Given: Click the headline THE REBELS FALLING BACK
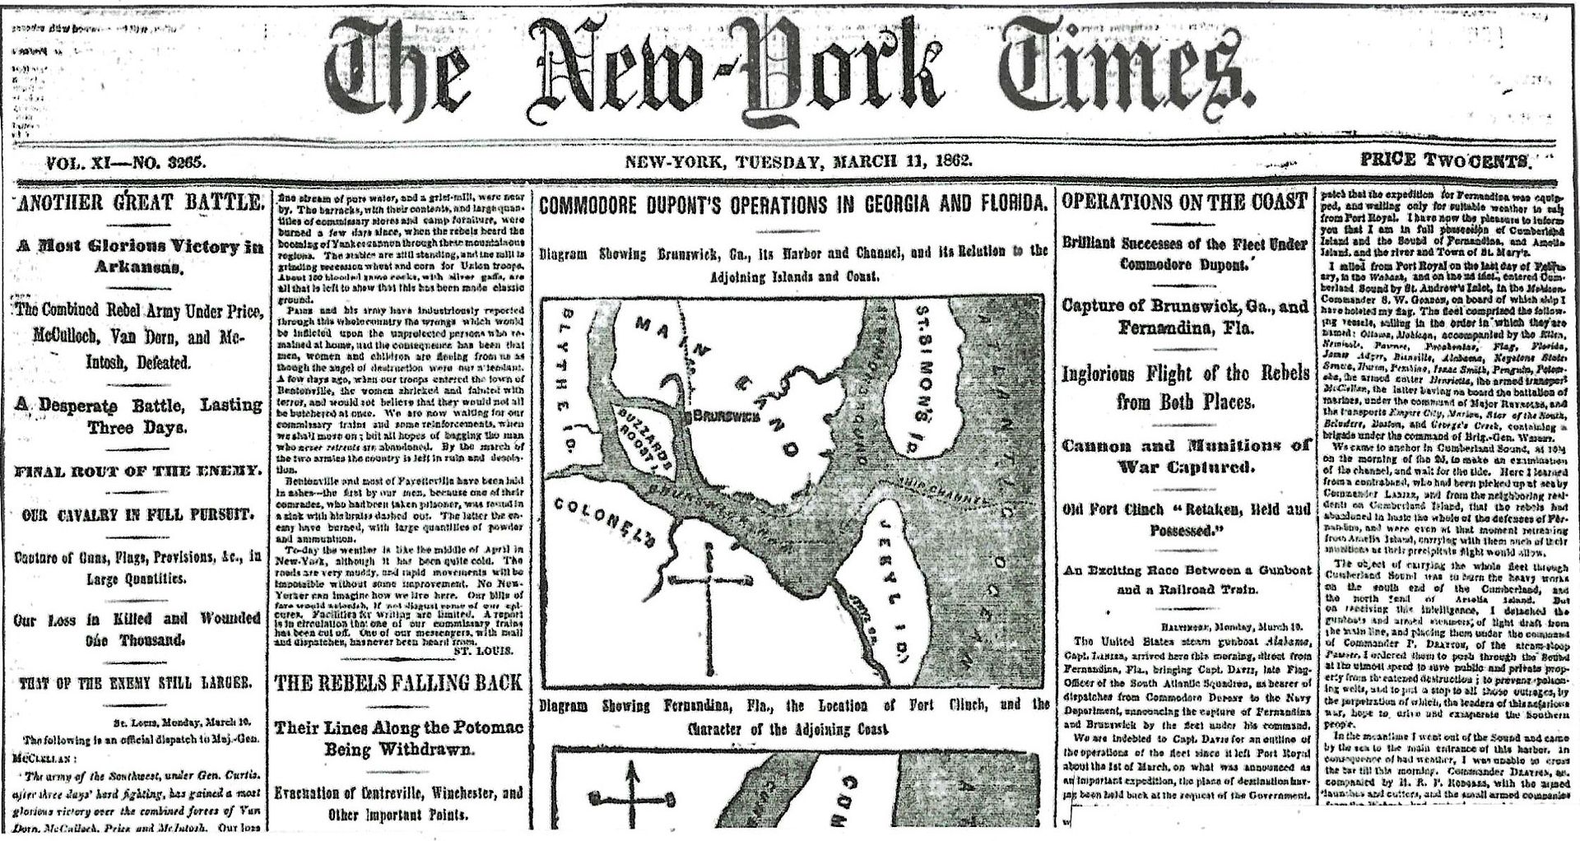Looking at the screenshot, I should coord(398,681).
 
